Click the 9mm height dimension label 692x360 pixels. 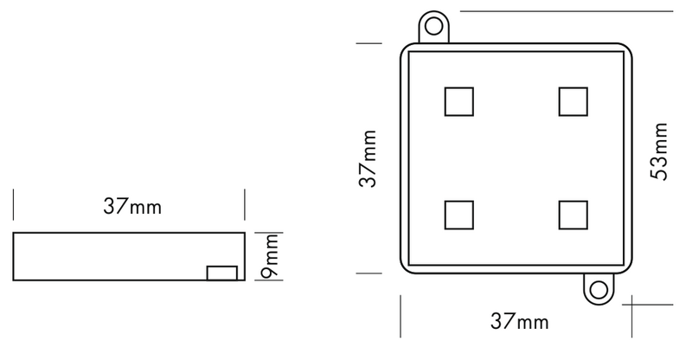[270, 256]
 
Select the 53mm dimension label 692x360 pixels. [660, 152]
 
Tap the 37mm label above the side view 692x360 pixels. [132, 208]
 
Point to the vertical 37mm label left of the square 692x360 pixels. [369, 158]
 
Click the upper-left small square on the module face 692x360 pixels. [459, 101]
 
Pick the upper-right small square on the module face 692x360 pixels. [573, 101]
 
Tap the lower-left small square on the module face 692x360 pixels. [459, 214]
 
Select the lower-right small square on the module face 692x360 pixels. [573, 214]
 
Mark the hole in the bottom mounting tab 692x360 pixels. [596, 288]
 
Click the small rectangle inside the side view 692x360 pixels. [222, 273]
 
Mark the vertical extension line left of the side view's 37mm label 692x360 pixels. [13, 208]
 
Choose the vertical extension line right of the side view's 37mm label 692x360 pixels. [246, 208]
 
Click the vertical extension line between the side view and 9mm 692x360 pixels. [256, 255]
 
